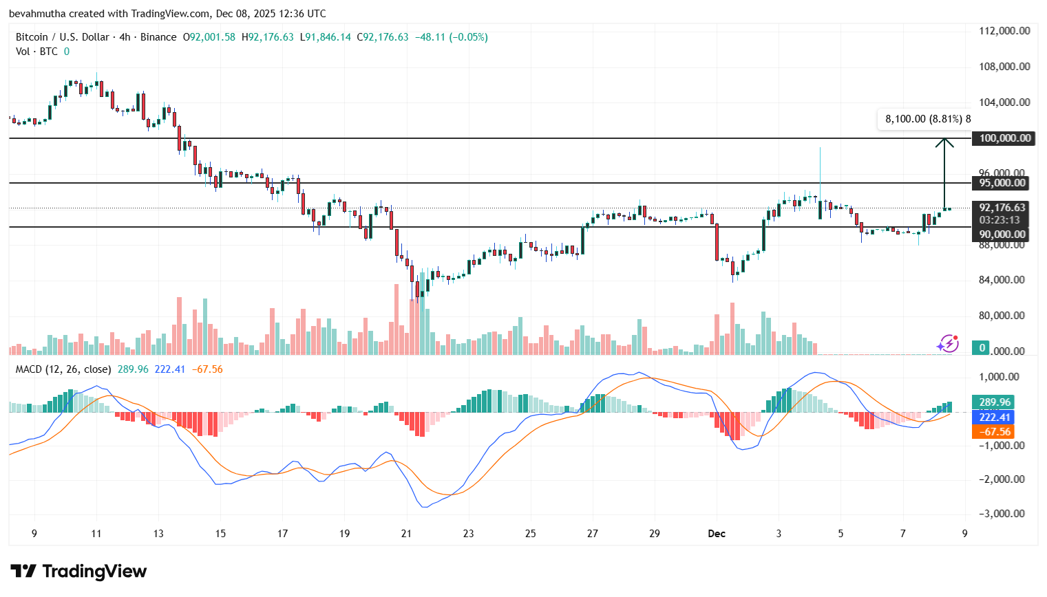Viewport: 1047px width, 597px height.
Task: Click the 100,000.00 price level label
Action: (x=1004, y=138)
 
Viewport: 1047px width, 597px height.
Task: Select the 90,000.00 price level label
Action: (x=1002, y=235)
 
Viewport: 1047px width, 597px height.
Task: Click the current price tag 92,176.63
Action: (x=1002, y=208)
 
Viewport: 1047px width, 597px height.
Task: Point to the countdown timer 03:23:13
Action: (x=1000, y=220)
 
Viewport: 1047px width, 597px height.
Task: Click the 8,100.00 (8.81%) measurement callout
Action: (x=927, y=119)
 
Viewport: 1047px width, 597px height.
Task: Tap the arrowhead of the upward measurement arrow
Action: (x=944, y=142)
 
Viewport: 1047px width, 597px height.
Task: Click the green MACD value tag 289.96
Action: (x=994, y=402)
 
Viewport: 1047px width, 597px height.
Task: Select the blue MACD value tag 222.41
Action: (x=994, y=417)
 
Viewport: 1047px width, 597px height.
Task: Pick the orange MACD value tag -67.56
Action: (x=994, y=432)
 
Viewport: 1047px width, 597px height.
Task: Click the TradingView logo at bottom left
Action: (x=78, y=572)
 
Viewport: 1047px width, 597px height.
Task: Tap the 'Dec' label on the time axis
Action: (x=717, y=534)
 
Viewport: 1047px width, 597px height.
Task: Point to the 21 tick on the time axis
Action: (x=406, y=534)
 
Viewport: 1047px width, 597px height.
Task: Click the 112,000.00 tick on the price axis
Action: (x=1004, y=31)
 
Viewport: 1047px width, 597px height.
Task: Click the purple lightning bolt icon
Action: (x=949, y=343)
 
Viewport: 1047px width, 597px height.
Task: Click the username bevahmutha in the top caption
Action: (x=37, y=14)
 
